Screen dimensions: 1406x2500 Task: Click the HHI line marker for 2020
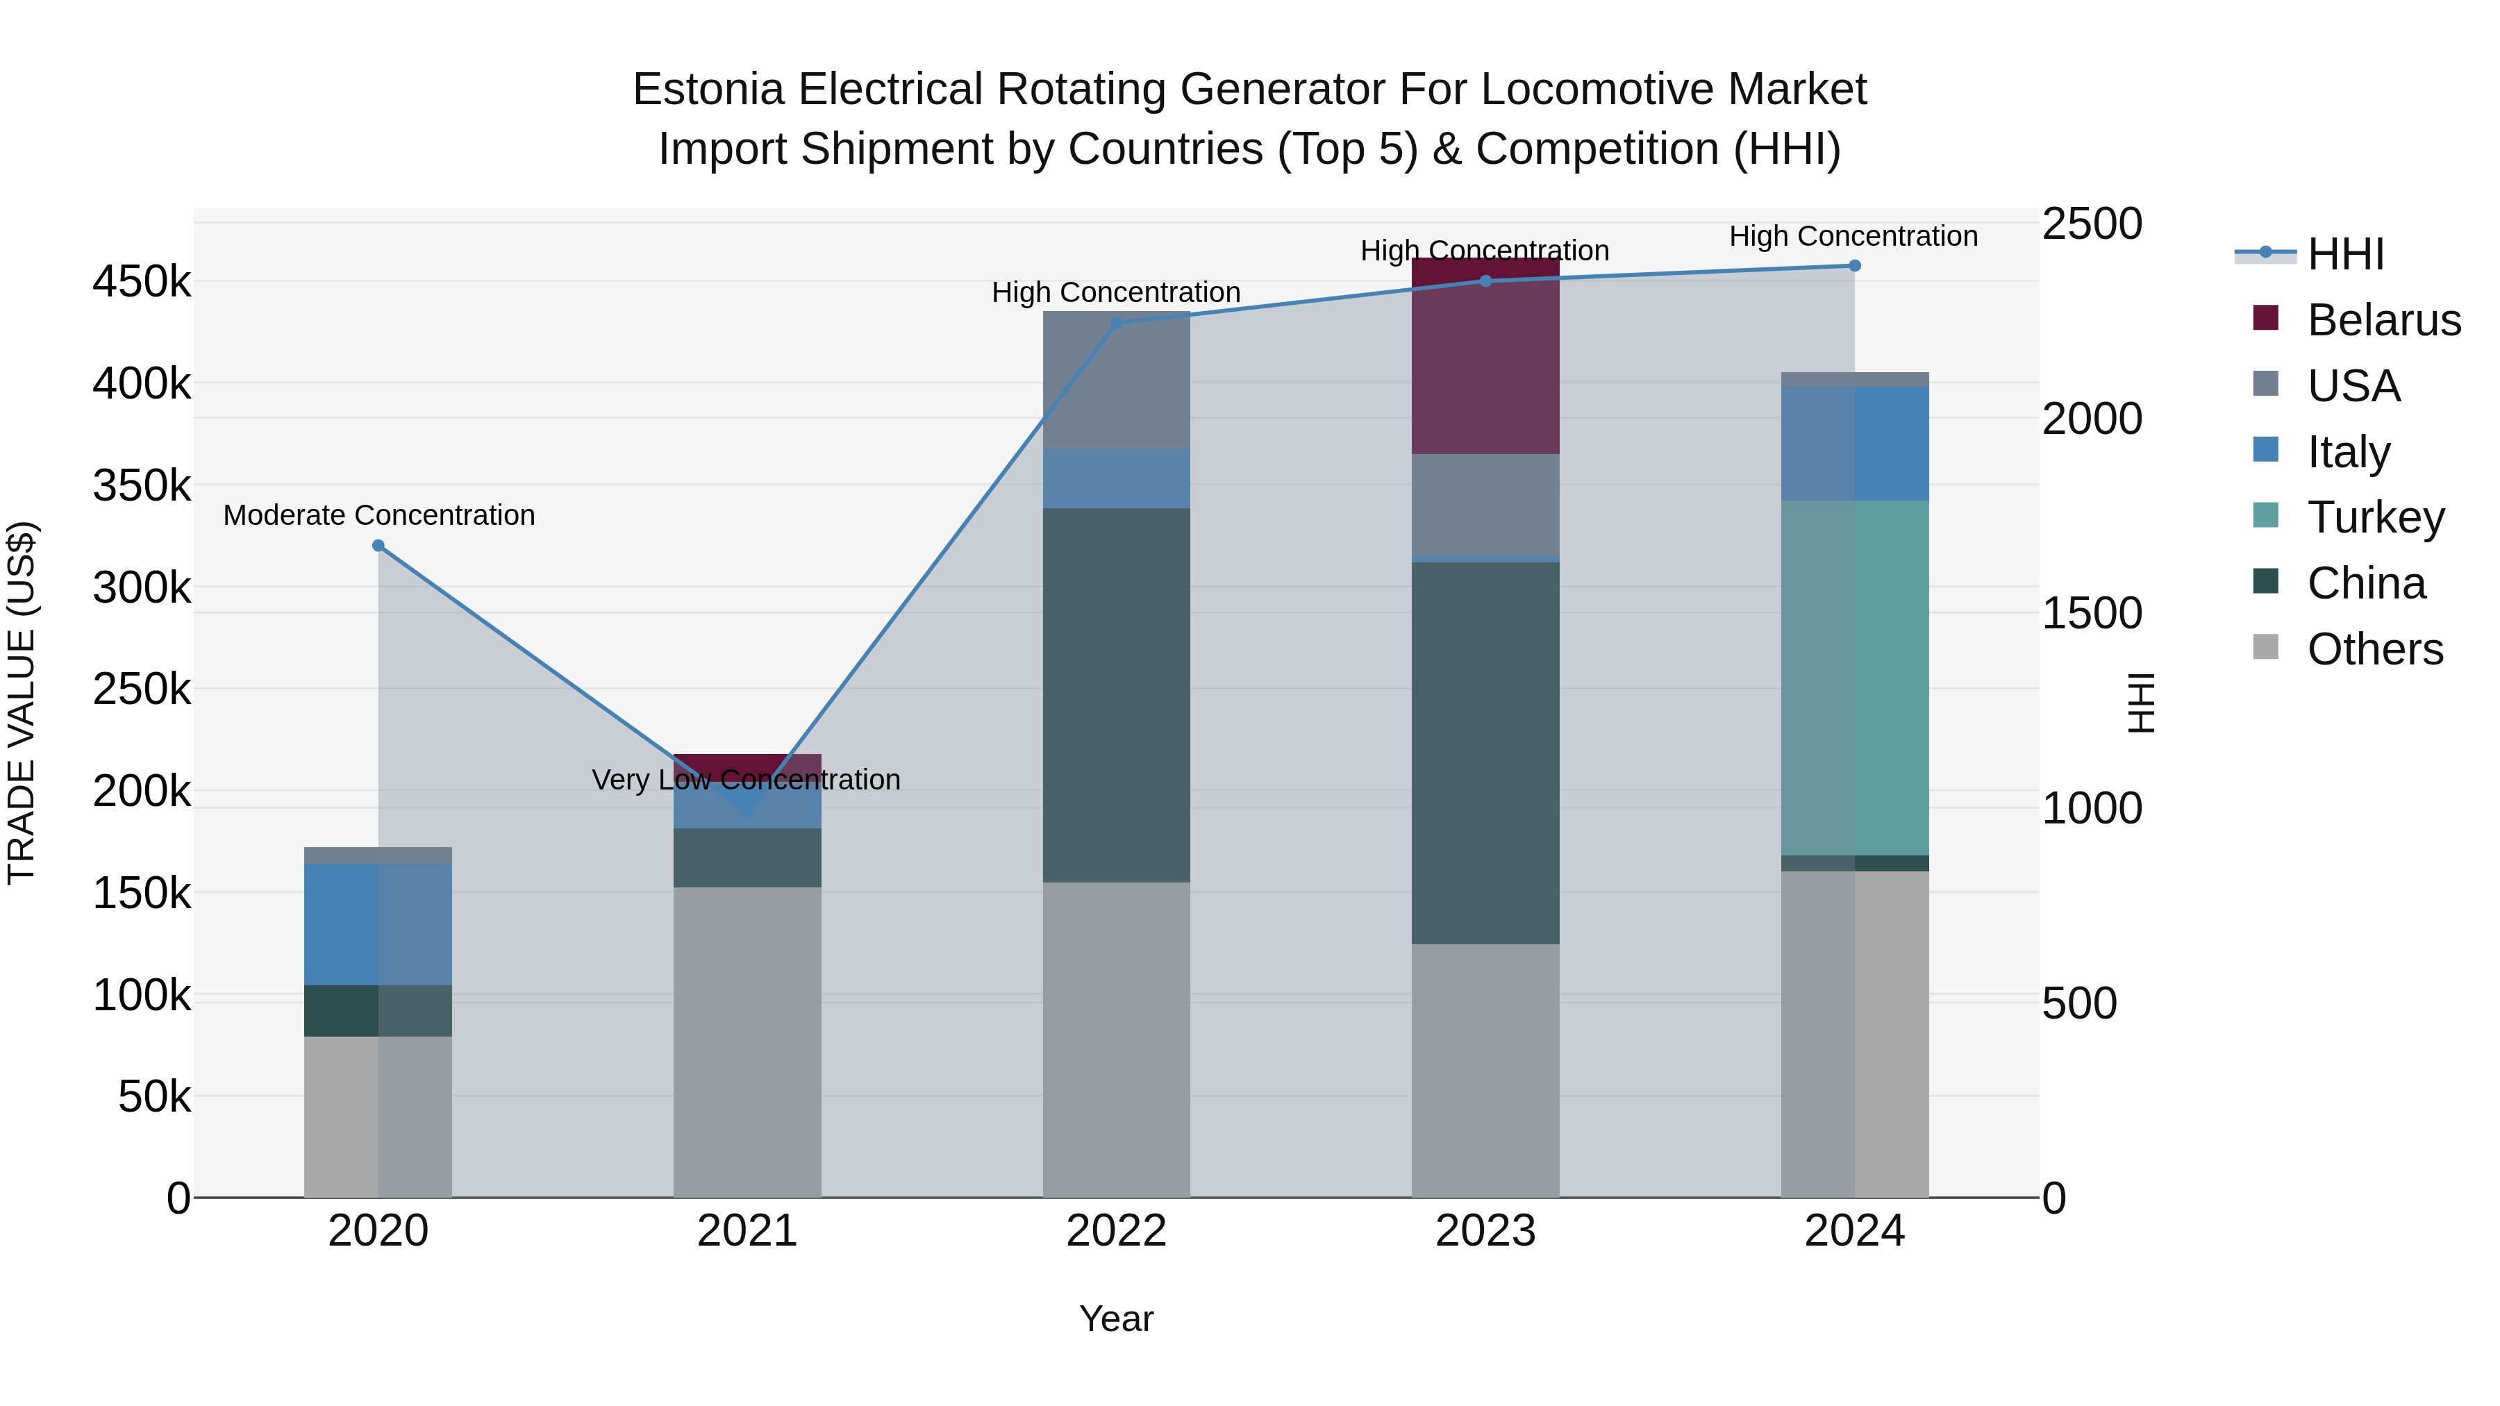coord(378,545)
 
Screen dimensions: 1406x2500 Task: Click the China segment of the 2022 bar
coord(1116,695)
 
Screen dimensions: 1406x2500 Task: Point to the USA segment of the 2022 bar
coord(1116,380)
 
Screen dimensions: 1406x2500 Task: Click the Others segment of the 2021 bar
coord(747,1041)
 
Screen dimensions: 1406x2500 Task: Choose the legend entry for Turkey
coord(2375,517)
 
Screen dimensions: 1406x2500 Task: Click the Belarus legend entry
coord(2383,320)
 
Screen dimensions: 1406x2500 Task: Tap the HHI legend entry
coord(2344,254)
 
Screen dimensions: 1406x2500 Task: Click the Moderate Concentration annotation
coord(378,515)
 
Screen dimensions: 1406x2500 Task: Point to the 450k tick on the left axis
coord(142,283)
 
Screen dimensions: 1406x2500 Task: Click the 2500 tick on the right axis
coord(2092,224)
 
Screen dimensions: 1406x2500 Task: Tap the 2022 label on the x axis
coord(1116,1231)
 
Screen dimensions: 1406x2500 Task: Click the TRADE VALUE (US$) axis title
coord(22,703)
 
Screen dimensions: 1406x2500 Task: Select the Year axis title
coord(1116,1319)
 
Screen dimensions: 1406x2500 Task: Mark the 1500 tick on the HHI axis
coord(2092,613)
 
